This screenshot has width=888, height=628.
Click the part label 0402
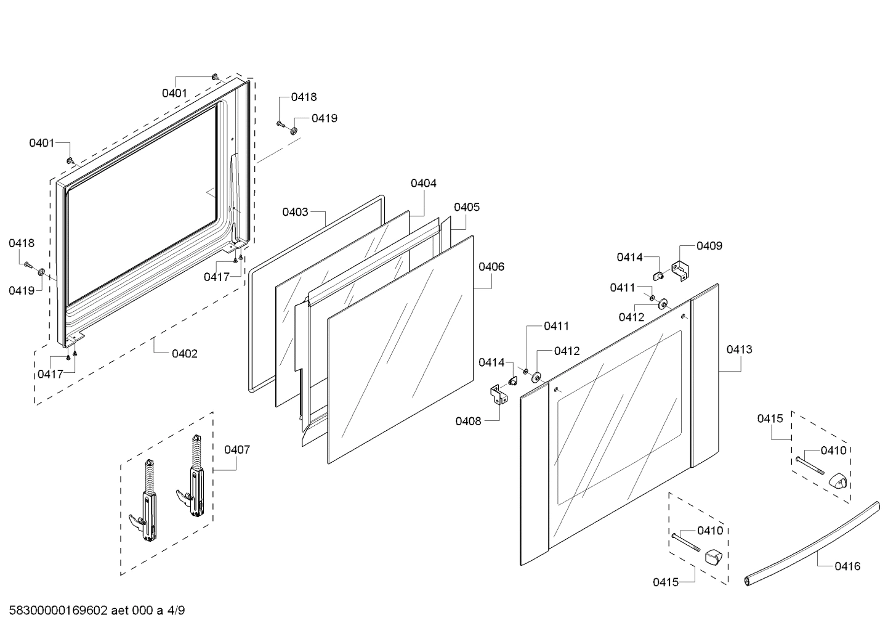(185, 354)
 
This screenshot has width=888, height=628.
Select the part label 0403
(295, 212)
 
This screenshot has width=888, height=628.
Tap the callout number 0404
(424, 183)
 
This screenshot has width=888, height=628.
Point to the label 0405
(467, 207)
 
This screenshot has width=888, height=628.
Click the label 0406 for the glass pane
(491, 267)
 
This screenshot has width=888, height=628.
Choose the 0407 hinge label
(237, 449)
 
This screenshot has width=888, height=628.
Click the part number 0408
(468, 421)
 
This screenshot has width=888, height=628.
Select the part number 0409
(709, 246)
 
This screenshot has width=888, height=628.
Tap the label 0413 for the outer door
(739, 349)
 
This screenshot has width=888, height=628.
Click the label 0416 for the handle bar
(848, 566)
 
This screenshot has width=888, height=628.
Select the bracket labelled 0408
(497, 394)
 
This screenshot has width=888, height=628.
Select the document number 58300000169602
(58, 611)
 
